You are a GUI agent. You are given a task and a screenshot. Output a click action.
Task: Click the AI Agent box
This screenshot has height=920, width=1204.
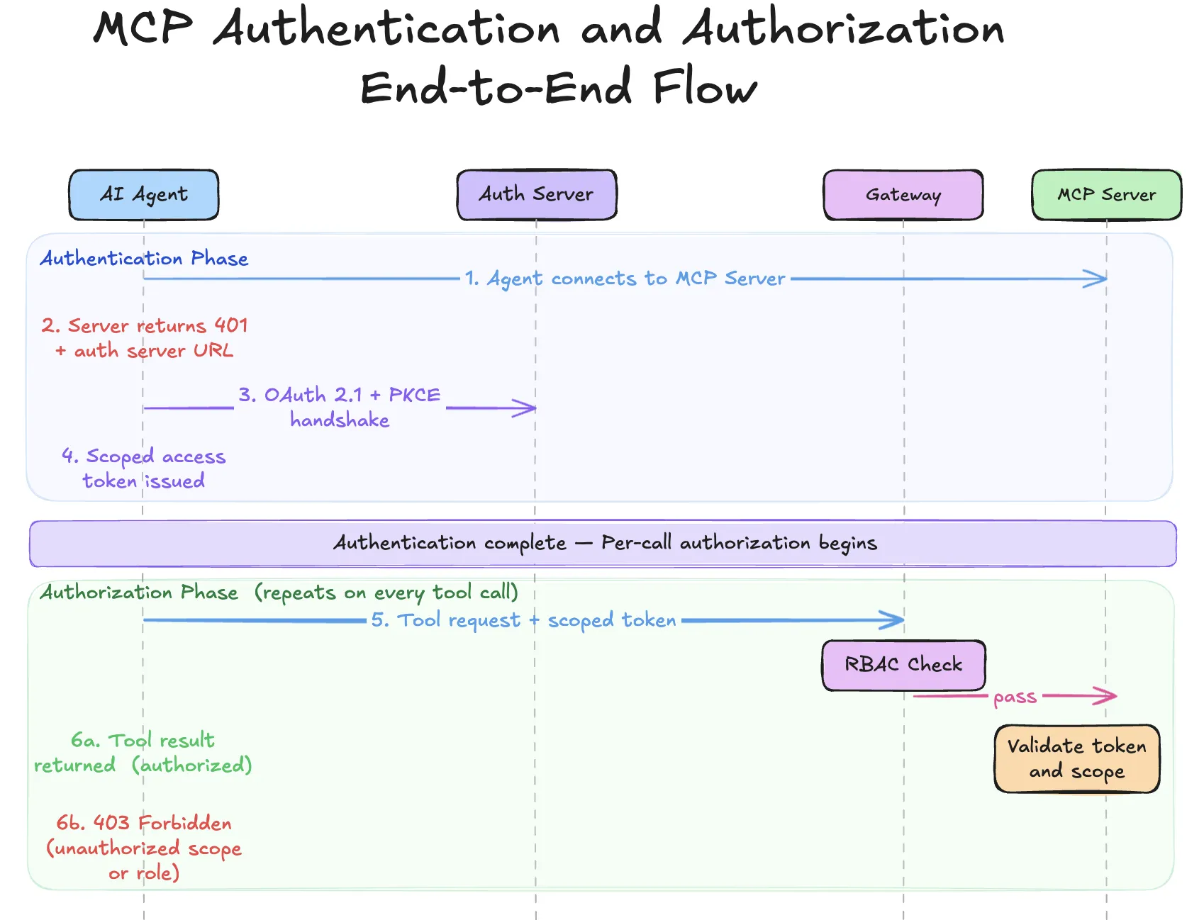tap(144, 195)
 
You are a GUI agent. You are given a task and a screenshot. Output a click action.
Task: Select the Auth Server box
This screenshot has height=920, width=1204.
tap(537, 195)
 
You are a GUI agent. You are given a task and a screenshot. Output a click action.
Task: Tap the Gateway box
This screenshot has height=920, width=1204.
tap(903, 195)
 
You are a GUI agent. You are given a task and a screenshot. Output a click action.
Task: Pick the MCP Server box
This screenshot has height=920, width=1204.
tap(1106, 195)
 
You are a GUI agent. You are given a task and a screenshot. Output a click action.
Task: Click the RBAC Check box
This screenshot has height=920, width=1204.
tap(903, 665)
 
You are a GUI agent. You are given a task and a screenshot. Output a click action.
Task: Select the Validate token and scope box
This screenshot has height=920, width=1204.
tap(1076, 758)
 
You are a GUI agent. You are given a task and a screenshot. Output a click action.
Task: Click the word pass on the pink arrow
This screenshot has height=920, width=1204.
tap(1015, 697)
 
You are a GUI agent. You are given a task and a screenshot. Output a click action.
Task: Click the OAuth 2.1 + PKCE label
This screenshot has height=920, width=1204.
tap(339, 395)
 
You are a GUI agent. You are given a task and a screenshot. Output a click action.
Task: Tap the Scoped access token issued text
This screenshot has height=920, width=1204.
tap(144, 469)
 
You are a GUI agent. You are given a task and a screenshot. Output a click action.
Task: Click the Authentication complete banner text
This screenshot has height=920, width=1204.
tap(605, 544)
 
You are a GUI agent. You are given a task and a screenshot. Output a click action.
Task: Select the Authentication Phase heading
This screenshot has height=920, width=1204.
tap(144, 259)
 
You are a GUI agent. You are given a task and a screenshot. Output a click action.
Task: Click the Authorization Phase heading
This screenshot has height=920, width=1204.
tap(139, 593)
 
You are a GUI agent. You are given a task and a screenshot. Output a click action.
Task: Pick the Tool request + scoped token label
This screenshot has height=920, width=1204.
tap(523, 620)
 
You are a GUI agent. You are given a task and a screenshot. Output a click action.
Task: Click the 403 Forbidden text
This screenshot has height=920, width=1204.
tap(144, 824)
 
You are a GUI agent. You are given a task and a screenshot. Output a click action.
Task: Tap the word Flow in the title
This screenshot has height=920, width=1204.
tap(705, 88)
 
